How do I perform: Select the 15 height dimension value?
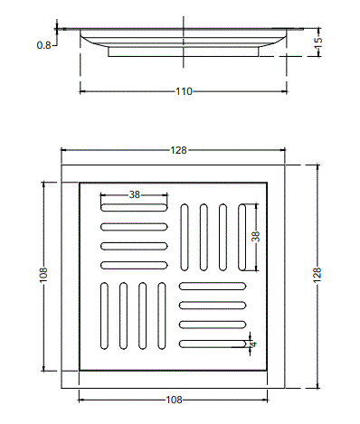[x=319, y=42]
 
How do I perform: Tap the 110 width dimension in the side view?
[x=185, y=91]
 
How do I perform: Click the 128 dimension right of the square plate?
[x=317, y=278]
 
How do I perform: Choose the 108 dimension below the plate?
[x=177, y=400]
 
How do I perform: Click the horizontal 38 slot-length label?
[x=134, y=194]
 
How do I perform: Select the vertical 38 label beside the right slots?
[x=255, y=237]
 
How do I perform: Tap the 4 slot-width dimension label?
[x=254, y=343]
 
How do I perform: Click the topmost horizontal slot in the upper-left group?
[x=134, y=205]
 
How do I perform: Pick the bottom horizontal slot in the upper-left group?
[x=134, y=265]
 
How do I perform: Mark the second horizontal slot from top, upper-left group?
[x=134, y=225]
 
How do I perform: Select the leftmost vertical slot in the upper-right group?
[x=185, y=237]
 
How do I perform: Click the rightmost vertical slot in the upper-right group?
[x=242, y=237]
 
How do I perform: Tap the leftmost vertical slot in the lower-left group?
[x=103, y=316]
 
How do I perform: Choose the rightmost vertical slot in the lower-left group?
[x=163, y=316]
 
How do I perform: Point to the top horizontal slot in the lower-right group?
[x=213, y=285]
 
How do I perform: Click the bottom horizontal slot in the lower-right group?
[x=213, y=343]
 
